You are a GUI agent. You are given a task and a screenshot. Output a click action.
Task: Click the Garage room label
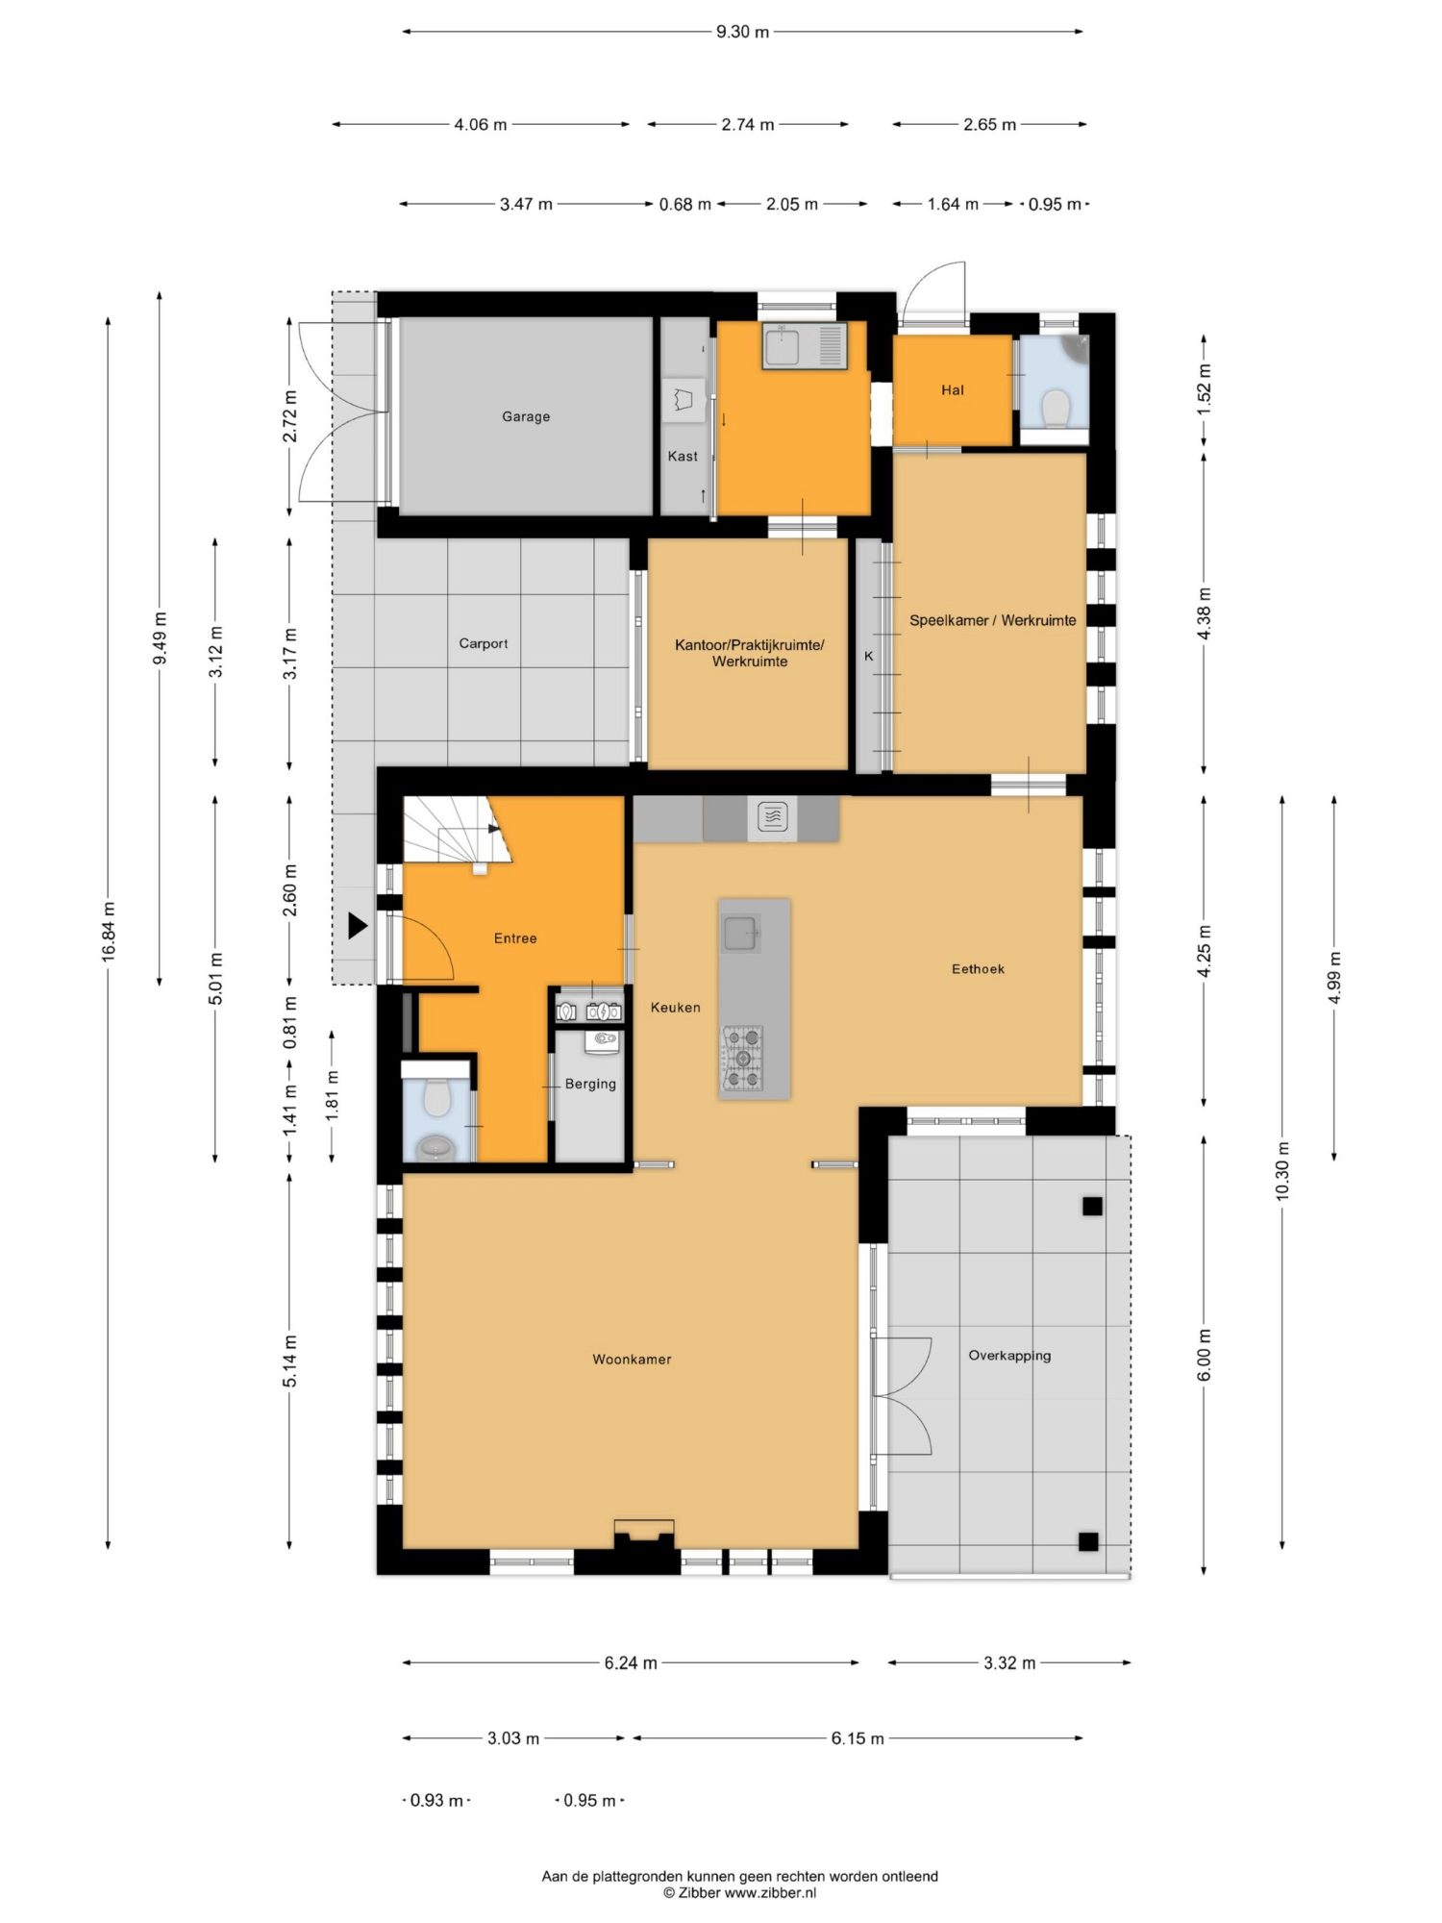526,416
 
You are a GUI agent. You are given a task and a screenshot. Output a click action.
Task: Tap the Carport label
484,643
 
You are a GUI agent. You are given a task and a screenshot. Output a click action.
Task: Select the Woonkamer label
632,1359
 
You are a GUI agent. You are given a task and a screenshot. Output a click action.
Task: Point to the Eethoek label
978,968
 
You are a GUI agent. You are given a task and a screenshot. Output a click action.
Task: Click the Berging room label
590,1084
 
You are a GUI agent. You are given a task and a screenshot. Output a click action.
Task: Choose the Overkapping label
1009,1356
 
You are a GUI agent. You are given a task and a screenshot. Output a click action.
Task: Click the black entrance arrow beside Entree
358,926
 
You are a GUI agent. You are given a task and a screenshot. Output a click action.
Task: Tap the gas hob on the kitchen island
743,1058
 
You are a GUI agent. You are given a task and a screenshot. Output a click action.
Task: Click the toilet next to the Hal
1056,408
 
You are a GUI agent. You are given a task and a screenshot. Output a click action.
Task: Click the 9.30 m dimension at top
742,32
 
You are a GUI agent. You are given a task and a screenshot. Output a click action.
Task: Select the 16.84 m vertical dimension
109,932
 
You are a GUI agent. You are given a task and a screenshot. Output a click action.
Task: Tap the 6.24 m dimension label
631,1662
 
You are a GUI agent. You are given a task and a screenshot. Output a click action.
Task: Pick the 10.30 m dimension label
1281,1171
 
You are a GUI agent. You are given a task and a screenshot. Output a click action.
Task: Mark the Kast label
683,456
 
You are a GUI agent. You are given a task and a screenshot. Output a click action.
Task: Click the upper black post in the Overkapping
1092,1206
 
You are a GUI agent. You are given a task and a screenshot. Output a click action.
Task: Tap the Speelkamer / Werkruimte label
992,620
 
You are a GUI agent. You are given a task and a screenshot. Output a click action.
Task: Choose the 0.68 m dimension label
684,204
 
